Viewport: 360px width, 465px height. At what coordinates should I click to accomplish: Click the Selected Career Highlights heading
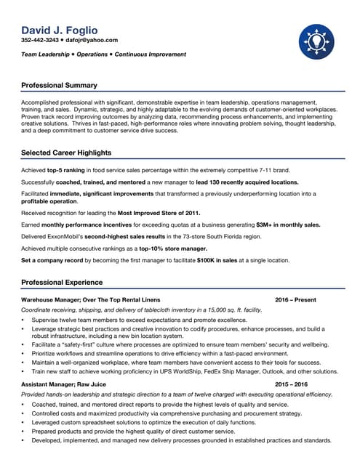(66, 153)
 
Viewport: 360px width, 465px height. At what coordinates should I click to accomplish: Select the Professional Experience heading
(62, 282)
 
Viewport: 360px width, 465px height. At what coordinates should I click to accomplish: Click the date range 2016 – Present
(295, 300)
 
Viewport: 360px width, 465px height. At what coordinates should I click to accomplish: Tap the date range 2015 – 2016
(291, 384)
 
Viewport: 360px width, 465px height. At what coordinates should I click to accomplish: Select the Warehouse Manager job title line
(91, 300)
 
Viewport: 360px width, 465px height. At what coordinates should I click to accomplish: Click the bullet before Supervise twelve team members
(23, 320)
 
